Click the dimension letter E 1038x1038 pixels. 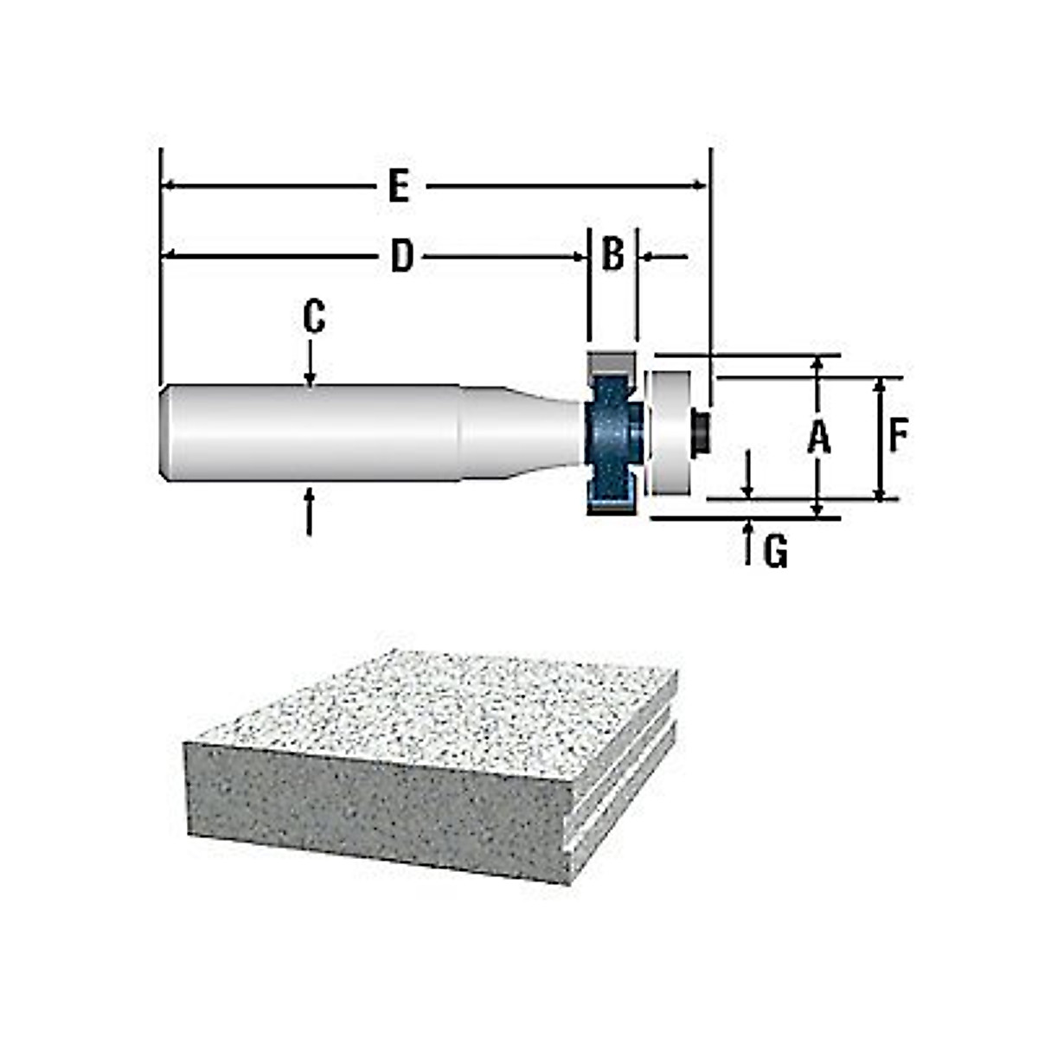[398, 187]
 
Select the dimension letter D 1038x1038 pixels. [401, 257]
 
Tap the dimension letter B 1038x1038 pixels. [612, 255]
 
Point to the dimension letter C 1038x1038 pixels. [313, 317]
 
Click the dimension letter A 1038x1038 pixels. [818, 437]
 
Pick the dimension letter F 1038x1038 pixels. [899, 437]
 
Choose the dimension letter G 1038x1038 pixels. [776, 551]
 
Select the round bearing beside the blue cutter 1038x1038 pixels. [670, 432]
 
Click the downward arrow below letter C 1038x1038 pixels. [310, 363]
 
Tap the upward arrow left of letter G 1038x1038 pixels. [748, 542]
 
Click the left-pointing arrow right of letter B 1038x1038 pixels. [662, 257]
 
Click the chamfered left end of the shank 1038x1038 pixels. [166, 432]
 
